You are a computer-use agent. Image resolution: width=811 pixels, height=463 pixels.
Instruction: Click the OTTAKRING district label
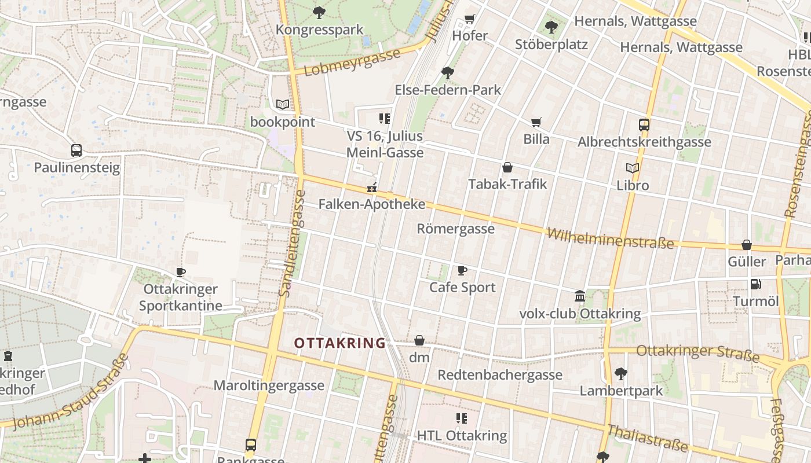tap(339, 343)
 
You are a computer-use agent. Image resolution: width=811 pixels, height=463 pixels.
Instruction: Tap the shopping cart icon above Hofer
tap(470, 19)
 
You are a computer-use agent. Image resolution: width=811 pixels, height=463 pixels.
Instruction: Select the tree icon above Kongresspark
tap(319, 12)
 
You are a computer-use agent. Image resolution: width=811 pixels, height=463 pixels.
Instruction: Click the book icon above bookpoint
tap(282, 105)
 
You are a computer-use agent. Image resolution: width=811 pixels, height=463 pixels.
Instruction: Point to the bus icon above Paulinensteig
tap(76, 150)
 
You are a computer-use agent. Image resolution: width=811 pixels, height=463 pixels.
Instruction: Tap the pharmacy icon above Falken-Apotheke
tap(372, 188)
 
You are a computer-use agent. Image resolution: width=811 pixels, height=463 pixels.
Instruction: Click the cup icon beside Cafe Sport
tap(462, 270)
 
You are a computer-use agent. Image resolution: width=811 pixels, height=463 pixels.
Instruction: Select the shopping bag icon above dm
tap(419, 340)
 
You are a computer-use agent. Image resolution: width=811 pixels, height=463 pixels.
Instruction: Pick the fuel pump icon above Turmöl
tap(755, 284)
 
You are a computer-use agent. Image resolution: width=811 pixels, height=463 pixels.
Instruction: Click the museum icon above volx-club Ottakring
tap(580, 296)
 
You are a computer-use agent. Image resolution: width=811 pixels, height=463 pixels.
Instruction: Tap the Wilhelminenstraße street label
tap(611, 238)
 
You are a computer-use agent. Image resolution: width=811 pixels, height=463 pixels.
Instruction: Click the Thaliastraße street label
tap(648, 438)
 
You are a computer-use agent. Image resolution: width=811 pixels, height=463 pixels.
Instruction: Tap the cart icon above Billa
tap(536, 122)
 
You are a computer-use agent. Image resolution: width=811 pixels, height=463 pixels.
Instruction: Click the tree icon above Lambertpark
tap(621, 373)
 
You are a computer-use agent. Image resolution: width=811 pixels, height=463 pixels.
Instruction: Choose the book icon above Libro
tap(633, 168)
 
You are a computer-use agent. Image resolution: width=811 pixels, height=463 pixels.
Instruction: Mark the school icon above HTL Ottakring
tap(462, 418)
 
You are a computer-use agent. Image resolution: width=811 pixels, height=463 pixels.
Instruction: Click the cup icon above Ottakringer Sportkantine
tap(181, 271)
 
